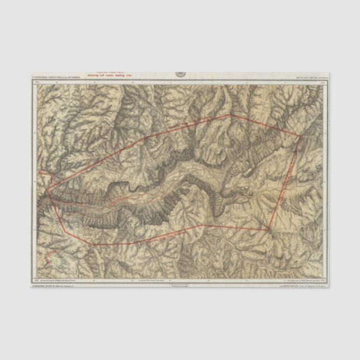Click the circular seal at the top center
[x=179, y=74]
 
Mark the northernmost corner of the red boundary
[x=230, y=115]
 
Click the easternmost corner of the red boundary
[x=301, y=135]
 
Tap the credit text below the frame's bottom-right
[x=302, y=286]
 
